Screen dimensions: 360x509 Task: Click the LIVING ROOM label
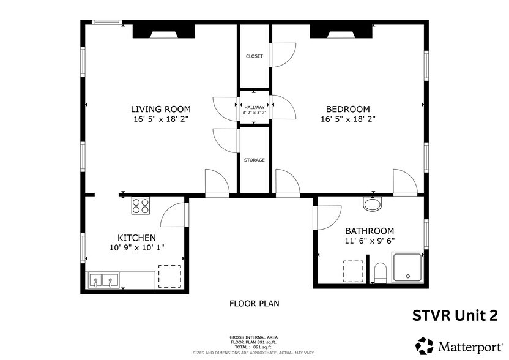(160, 109)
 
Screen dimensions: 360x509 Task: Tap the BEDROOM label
(347, 109)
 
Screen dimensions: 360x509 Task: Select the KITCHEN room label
(136, 238)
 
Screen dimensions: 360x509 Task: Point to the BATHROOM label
(370, 231)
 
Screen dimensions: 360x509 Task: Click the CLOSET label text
(254, 56)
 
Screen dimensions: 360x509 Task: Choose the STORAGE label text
(254, 160)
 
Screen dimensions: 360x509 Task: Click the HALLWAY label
(254, 107)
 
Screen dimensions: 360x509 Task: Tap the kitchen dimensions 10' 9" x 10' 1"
(136, 247)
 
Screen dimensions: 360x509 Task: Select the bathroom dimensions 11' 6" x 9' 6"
(370, 241)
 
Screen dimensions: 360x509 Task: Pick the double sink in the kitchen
(103, 280)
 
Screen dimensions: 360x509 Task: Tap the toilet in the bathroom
(379, 273)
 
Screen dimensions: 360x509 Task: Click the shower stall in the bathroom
(407, 268)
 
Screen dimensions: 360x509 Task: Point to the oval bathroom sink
(371, 202)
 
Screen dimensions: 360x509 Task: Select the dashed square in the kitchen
(170, 276)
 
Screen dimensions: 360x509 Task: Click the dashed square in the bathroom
(354, 271)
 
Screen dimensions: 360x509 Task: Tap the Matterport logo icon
(425, 345)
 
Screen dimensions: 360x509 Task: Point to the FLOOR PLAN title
(254, 303)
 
